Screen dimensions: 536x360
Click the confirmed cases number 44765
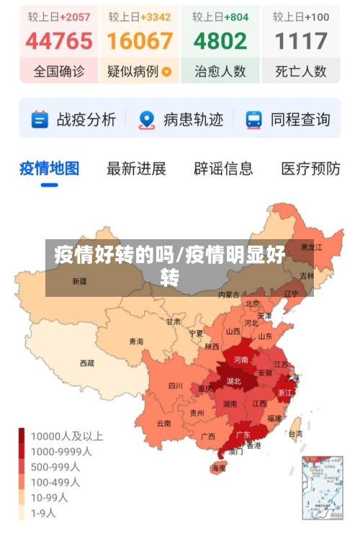tap(59, 41)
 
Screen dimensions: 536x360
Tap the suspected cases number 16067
tap(140, 41)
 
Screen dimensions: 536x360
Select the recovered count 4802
tap(220, 41)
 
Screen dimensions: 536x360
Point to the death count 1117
tap(301, 41)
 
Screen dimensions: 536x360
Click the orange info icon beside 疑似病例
tap(167, 72)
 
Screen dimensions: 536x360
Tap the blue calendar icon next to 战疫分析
tap(40, 120)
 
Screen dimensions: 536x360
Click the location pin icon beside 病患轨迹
tap(147, 120)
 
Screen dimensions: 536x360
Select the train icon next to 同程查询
tap(253, 120)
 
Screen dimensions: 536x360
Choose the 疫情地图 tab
tap(49, 169)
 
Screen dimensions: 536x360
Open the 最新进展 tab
tap(136, 169)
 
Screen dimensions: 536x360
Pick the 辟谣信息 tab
tap(223, 169)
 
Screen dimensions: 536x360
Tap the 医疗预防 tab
tap(310, 169)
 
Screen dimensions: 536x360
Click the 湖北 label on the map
tap(233, 381)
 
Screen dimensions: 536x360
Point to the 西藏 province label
tap(87, 363)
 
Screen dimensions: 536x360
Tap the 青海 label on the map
tap(136, 341)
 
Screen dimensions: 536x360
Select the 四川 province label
tap(175, 385)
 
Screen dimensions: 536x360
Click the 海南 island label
tap(218, 468)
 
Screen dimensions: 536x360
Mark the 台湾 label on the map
tap(295, 434)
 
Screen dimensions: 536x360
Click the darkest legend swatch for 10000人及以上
tap(22, 436)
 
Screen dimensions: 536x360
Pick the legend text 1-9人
tap(42, 514)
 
